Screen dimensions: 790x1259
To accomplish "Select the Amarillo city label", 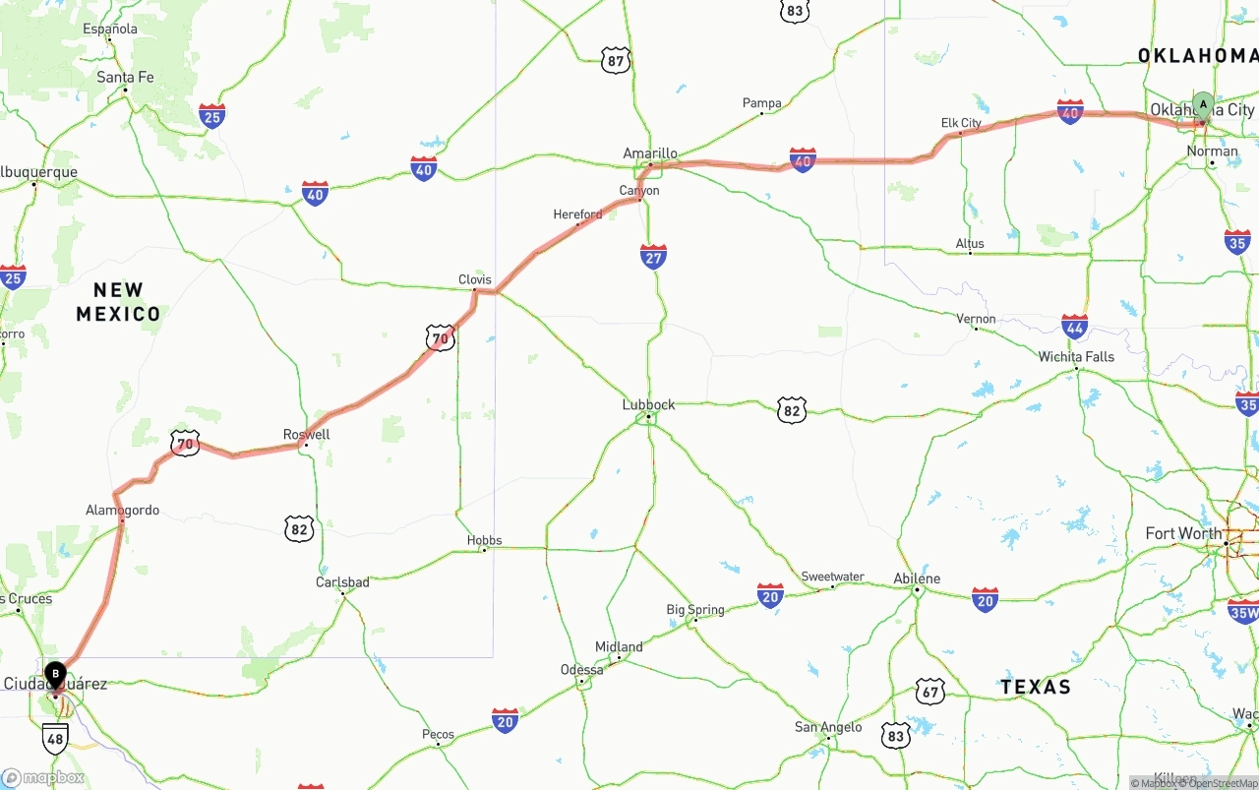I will pos(650,153).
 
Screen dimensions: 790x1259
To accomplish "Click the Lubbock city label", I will pos(648,404).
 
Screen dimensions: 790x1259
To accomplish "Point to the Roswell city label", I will pos(306,434).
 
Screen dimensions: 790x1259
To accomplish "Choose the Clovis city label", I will pos(475,279).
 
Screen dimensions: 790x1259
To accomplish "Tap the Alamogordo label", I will pos(122,510).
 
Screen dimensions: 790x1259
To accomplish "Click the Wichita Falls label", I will pos(1076,356).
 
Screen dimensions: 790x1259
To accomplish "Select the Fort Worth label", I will pos(1183,533).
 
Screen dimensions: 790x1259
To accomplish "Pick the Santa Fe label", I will pos(125,77).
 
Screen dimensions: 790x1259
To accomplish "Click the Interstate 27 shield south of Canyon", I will pos(653,257).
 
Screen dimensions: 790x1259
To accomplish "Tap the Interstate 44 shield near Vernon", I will pos(1075,328).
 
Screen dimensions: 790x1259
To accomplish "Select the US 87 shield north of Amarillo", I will pos(616,60).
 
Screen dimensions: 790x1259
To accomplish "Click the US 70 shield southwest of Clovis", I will pos(440,338).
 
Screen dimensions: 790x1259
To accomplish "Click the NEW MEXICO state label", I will pos(118,302).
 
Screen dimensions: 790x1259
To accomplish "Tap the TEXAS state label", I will pos(1036,687).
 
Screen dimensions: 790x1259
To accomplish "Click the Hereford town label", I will pos(577,213).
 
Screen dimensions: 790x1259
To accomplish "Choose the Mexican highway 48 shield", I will pos(55,737).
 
